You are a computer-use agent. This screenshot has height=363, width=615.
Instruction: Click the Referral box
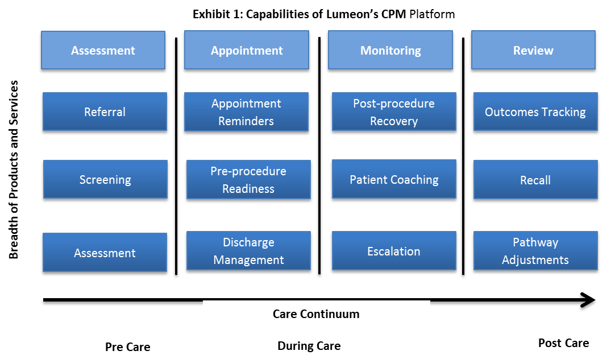click(105, 112)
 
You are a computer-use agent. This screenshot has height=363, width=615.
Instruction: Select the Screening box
click(105, 179)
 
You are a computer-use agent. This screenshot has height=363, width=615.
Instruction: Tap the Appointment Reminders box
click(246, 112)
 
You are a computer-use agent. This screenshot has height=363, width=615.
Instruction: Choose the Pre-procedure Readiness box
click(248, 179)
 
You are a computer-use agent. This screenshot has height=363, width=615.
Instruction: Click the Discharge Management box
click(248, 251)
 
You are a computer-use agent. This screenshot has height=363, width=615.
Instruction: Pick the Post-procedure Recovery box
click(394, 112)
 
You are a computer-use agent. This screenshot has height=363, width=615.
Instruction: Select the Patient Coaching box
click(394, 179)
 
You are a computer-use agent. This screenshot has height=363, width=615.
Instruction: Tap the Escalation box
click(394, 251)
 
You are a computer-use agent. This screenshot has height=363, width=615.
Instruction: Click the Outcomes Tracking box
click(535, 112)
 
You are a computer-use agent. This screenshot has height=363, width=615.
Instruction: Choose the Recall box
click(535, 179)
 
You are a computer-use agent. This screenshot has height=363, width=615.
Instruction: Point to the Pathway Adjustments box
click(535, 251)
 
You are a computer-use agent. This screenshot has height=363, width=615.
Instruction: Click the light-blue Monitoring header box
click(390, 50)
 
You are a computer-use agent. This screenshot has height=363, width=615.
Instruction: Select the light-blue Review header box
click(533, 50)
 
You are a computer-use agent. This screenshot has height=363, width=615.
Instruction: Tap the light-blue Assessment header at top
click(103, 50)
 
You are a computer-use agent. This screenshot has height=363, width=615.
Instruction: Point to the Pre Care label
click(127, 347)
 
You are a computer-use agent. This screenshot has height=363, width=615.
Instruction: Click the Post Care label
click(563, 343)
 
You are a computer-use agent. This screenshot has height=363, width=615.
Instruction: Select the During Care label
click(309, 346)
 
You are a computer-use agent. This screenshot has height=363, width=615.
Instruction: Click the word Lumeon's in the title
click(352, 14)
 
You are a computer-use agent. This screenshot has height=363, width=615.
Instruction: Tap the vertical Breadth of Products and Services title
click(14, 170)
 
